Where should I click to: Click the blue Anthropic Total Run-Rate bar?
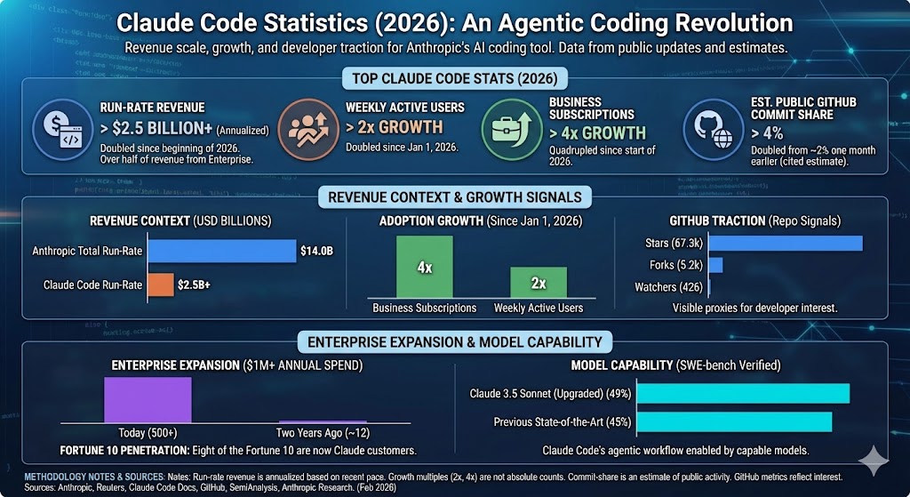221,251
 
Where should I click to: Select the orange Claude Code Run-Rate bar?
161,285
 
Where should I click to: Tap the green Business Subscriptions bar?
424,266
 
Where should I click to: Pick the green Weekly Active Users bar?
539,282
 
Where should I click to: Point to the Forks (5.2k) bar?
715,265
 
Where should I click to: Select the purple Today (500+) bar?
148,399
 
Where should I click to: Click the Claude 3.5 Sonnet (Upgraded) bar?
743,393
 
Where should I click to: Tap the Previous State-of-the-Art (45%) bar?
734,421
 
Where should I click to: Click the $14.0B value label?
317,252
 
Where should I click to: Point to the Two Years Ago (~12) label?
322,433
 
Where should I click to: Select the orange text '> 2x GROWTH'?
394,127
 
